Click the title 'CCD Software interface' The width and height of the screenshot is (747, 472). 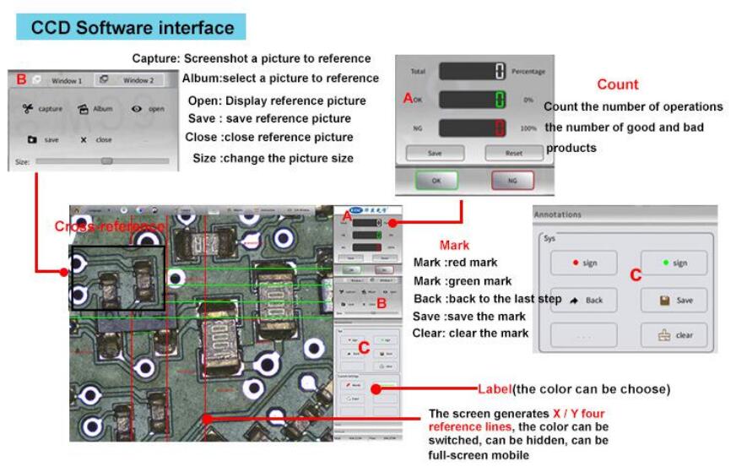(132, 27)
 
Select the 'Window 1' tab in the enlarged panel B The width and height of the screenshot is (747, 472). (65, 81)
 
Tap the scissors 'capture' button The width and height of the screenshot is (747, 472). (42, 109)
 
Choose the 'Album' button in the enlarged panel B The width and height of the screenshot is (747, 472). (95, 109)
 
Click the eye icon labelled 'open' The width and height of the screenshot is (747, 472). (147, 109)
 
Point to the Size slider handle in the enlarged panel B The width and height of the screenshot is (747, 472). (106, 160)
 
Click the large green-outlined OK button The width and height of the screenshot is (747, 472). (436, 181)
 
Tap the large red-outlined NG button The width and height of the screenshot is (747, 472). (513, 181)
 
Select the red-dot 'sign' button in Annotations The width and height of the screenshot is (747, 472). (583, 263)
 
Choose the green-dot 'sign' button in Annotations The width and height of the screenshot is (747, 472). (673, 263)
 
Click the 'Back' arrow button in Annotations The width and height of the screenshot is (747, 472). (583, 300)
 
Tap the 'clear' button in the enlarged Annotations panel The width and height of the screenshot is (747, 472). (673, 335)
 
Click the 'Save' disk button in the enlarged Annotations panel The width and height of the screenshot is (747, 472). (673, 300)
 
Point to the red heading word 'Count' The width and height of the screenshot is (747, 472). (617, 84)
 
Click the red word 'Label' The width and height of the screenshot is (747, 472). (495, 389)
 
